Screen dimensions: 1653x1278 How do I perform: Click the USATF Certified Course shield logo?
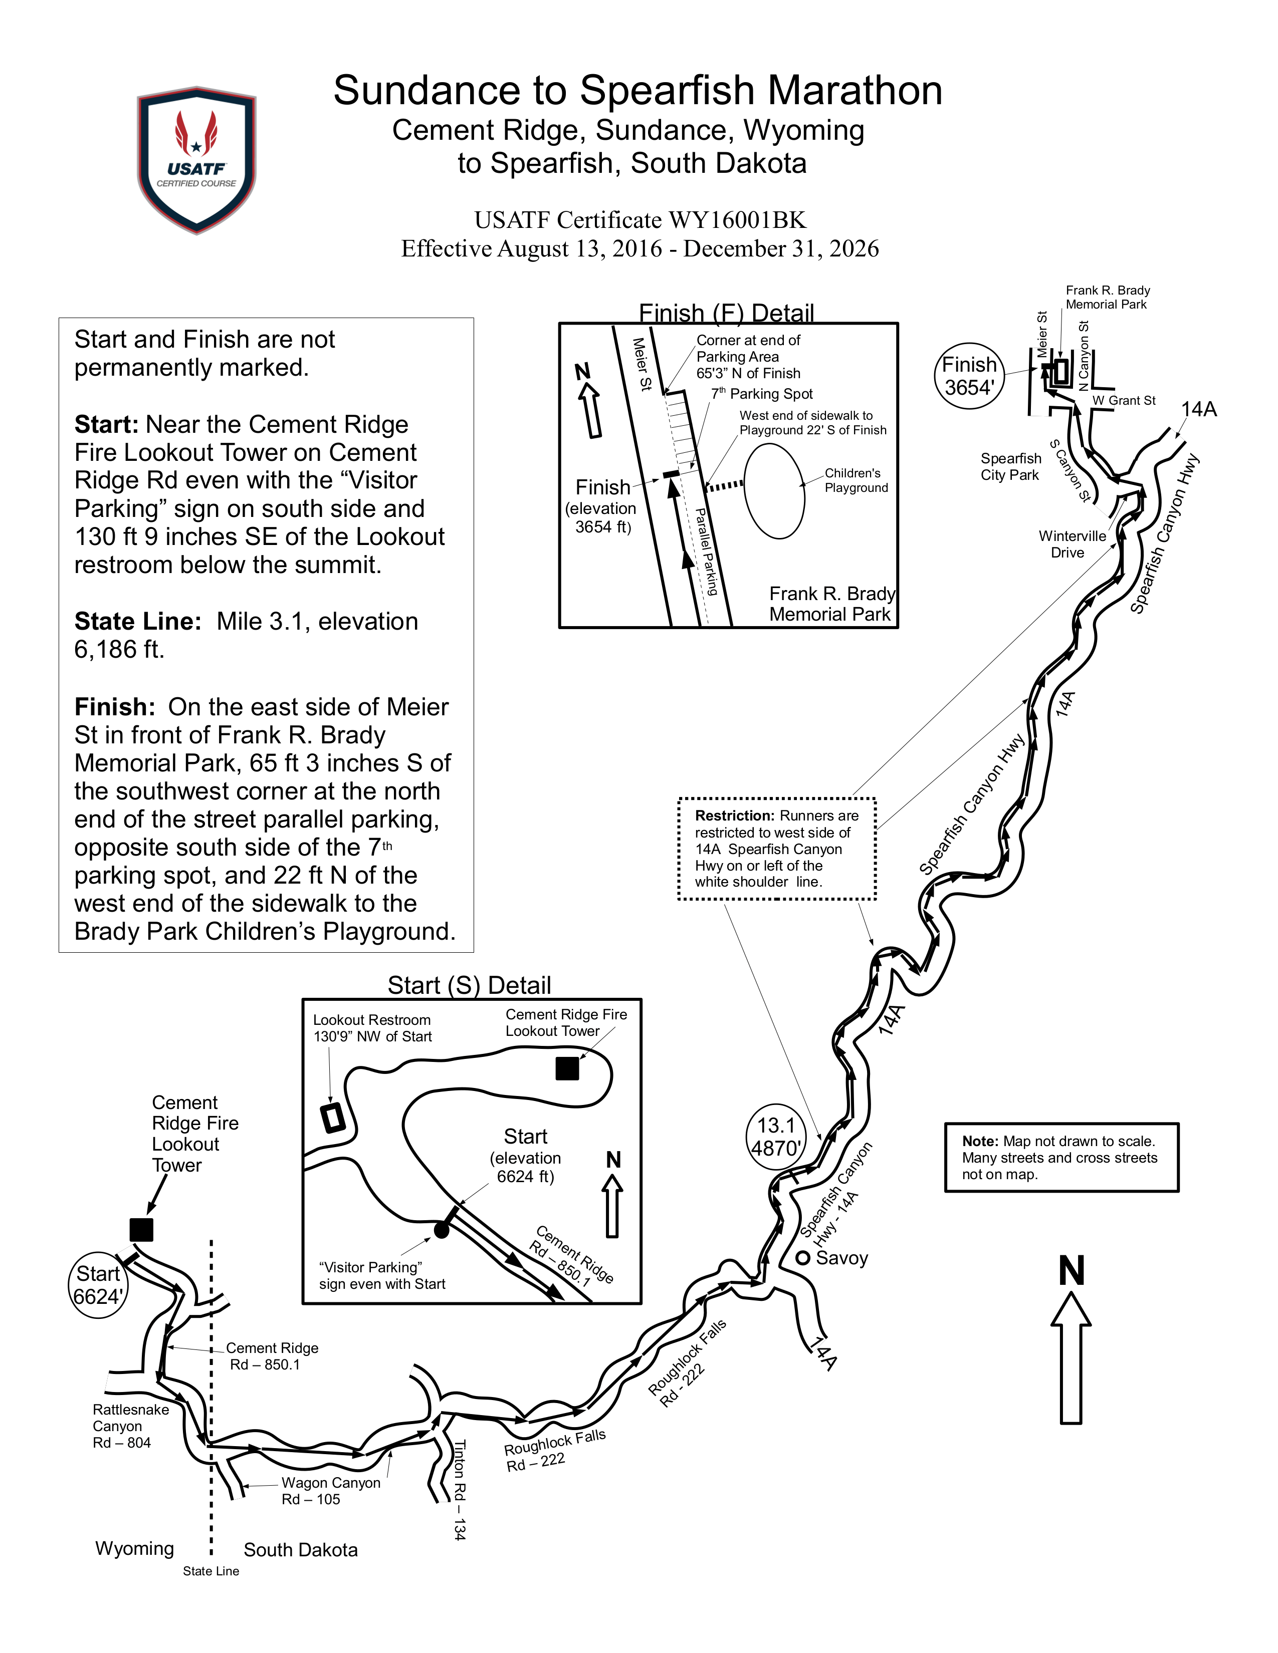click(196, 160)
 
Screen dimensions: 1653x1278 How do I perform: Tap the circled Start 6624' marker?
click(98, 1285)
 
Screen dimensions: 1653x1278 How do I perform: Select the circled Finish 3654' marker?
click(969, 376)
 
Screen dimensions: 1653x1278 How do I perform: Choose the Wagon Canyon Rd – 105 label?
click(331, 1491)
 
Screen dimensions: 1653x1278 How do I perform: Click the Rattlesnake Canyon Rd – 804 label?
click(130, 1426)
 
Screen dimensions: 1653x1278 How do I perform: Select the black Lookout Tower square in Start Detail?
click(567, 1068)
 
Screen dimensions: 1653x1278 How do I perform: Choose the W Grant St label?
click(1124, 400)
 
